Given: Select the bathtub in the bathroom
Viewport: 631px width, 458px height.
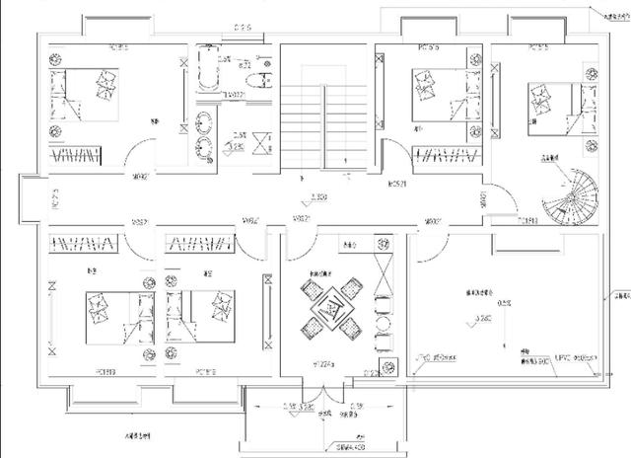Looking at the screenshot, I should (209, 67).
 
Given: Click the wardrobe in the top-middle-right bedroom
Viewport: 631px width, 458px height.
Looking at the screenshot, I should (445, 156).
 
